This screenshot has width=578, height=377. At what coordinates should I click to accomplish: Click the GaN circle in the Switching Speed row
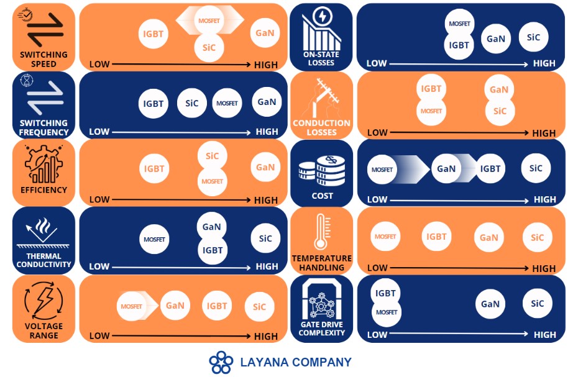pos(265,33)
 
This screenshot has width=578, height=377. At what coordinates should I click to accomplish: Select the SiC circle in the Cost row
pos(536,168)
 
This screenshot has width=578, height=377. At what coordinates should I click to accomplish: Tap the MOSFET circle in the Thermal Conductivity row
pos(154,239)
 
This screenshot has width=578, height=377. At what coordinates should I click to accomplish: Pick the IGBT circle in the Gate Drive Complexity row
pos(385,293)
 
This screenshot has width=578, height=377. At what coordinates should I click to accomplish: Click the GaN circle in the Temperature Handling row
pos(489,237)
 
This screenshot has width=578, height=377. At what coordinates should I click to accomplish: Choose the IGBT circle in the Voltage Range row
pos(217,306)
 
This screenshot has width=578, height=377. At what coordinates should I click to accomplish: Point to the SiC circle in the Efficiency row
pos(212,156)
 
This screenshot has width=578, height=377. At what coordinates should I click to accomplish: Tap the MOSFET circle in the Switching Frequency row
pos(227,103)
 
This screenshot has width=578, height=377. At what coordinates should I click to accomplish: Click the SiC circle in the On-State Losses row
pos(533,37)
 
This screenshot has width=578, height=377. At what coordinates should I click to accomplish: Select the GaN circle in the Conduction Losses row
pos(498,89)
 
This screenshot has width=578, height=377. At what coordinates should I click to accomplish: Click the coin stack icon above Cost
pos(322,171)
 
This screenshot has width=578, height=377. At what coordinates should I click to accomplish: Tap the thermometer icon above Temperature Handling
pos(321,232)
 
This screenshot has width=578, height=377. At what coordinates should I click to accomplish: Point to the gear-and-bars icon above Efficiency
pos(44,165)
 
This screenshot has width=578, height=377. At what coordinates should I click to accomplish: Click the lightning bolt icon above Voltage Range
pos(44,301)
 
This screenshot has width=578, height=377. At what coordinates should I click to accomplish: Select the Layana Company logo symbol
pos(221,362)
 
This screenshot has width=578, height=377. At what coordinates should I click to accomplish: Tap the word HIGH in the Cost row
pos(545,199)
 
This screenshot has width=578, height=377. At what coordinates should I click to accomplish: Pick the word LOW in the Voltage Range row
pos(99,336)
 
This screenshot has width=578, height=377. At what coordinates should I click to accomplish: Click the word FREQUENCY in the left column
pos(44,132)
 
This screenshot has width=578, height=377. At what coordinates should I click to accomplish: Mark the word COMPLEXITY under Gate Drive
pos(322,333)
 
